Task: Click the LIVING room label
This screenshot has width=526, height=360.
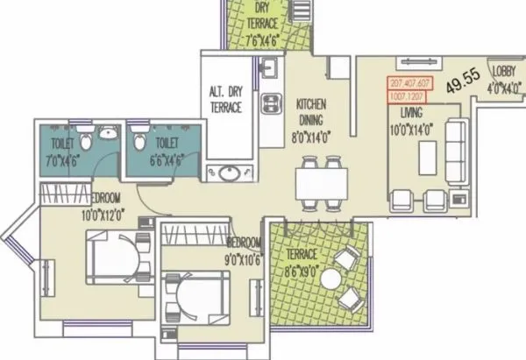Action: click(x=411, y=113)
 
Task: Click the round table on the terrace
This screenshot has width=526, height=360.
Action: click(x=330, y=279)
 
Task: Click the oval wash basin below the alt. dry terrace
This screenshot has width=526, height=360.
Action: click(x=231, y=172)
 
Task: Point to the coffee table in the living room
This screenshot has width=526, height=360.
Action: click(x=426, y=158)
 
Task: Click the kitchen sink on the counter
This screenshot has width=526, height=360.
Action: click(x=270, y=67)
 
